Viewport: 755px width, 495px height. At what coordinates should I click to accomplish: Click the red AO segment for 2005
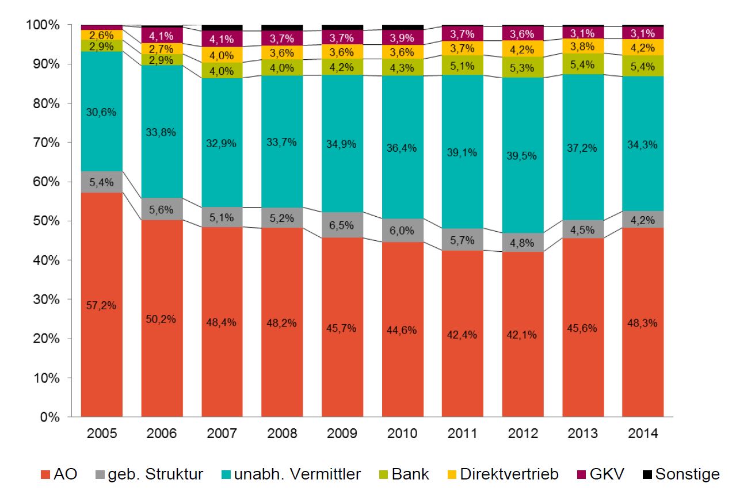click(x=102, y=305)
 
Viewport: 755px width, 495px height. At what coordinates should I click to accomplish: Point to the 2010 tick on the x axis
click(x=402, y=433)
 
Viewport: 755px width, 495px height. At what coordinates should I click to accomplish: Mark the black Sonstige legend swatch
click(x=647, y=474)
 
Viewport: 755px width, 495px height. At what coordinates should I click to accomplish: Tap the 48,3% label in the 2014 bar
click(x=643, y=323)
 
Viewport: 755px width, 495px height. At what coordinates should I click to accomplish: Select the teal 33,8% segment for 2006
click(x=162, y=132)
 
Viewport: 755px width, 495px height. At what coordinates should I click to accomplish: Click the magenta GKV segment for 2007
click(x=222, y=39)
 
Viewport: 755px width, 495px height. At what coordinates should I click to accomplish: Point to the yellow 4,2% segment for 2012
click(x=523, y=48)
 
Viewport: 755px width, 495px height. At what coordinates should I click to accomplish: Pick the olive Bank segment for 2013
click(x=582, y=64)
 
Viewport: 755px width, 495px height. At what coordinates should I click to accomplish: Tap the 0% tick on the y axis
click(x=48, y=417)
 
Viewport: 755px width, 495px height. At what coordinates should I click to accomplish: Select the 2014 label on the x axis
click(x=643, y=433)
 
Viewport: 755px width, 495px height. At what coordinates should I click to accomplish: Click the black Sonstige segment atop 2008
click(x=282, y=28)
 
